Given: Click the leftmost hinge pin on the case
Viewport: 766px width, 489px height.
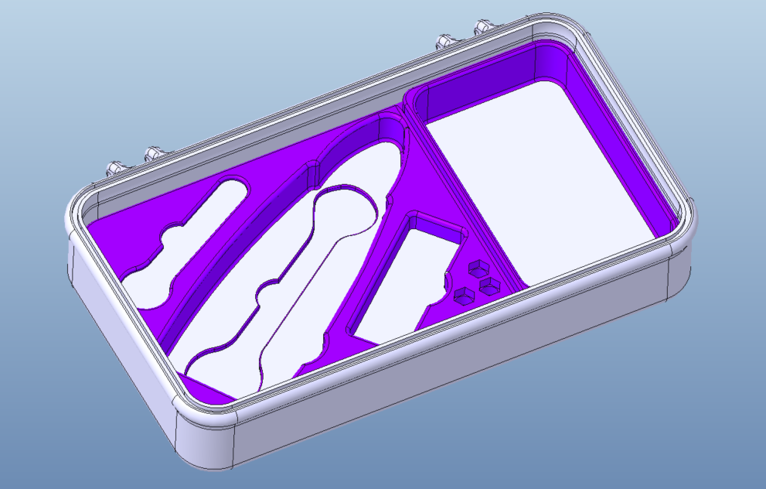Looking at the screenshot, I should point(114,168).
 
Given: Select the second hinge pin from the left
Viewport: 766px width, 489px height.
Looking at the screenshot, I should point(154,153).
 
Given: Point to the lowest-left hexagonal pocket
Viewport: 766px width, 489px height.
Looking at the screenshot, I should point(464,295).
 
